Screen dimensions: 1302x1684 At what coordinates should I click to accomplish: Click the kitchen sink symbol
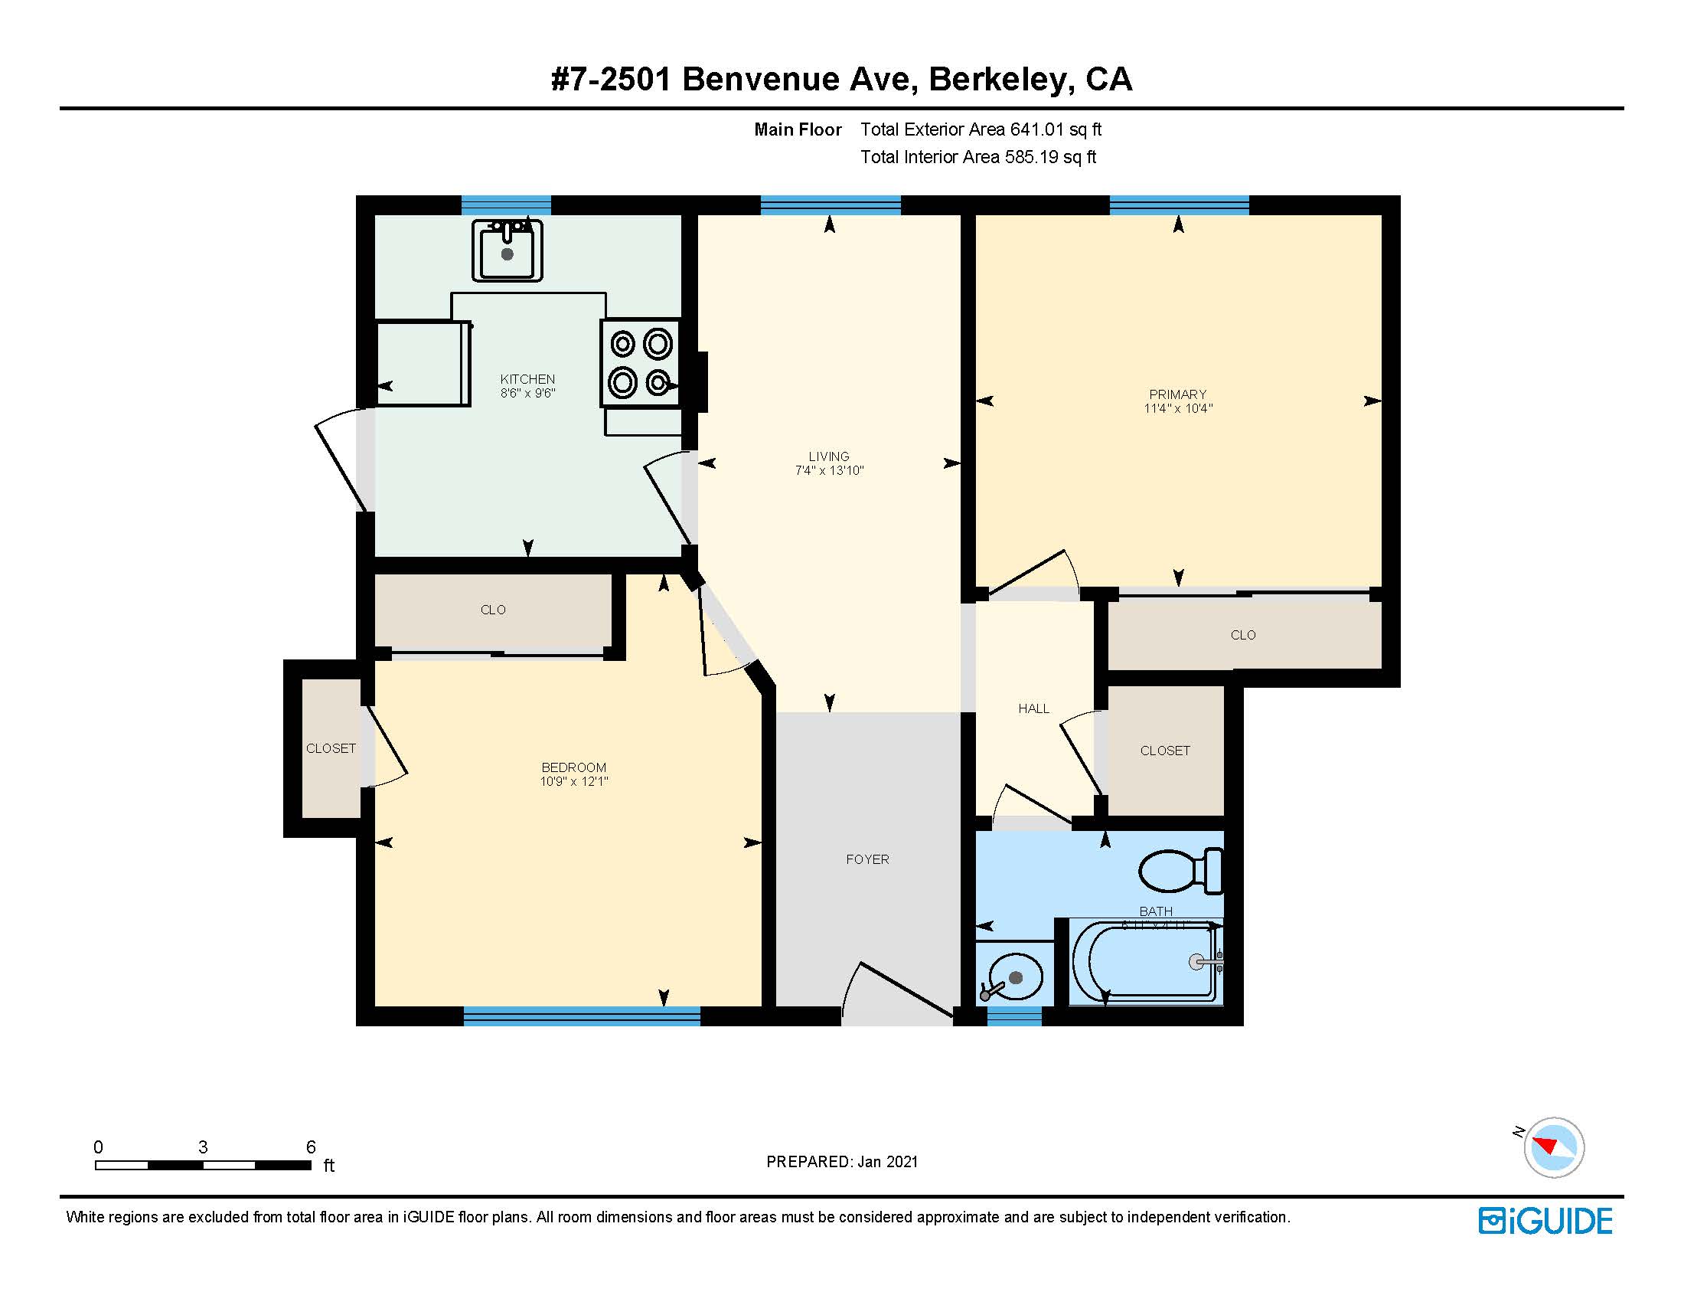tap(507, 250)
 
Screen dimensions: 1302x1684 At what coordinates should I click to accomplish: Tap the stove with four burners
tap(640, 362)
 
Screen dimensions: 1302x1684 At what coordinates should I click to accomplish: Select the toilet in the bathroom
tap(1180, 871)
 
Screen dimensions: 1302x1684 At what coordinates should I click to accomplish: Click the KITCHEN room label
tap(527, 378)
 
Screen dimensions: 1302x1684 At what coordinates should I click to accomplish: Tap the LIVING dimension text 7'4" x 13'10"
tap(829, 470)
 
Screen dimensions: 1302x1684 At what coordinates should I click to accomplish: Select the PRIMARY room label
tap(1177, 394)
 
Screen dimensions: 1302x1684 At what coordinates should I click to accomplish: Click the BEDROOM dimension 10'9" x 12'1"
tap(573, 781)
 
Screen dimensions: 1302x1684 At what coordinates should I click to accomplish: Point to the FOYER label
tap(867, 859)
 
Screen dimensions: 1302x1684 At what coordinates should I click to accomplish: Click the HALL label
tap(1033, 709)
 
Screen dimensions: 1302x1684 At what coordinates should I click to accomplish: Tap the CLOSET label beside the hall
tap(1164, 751)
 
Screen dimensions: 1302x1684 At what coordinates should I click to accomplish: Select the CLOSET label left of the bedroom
tap(331, 748)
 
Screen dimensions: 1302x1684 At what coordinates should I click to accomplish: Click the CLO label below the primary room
tap(1242, 635)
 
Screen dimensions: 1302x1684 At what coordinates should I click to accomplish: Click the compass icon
tap(1553, 1147)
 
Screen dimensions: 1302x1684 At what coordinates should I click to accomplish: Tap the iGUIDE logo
tap(1545, 1221)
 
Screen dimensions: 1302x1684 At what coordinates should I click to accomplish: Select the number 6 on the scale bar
tap(311, 1147)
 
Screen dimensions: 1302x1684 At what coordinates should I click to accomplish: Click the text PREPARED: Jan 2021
tap(842, 1162)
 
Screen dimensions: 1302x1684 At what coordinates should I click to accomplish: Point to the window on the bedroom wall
tap(582, 1016)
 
